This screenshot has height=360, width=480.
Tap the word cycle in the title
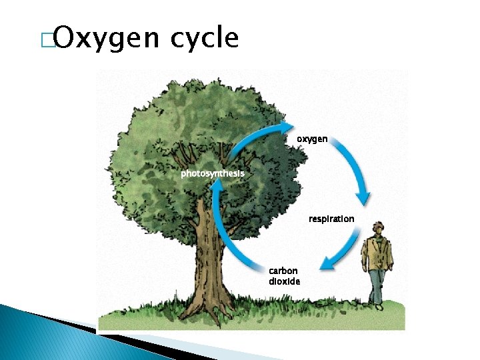204,39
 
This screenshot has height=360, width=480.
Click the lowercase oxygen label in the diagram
312,139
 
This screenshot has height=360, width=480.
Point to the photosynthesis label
213,173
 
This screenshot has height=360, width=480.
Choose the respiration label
331,219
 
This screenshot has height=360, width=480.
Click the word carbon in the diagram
283,271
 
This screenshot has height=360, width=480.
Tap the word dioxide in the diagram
285,281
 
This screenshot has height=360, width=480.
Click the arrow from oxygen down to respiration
353,170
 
